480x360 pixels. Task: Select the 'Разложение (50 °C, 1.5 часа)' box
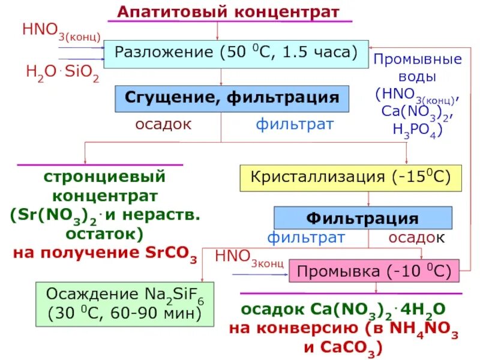[x=236, y=53]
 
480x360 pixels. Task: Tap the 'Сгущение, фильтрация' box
[x=232, y=98]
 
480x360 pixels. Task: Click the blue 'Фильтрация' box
[x=362, y=217]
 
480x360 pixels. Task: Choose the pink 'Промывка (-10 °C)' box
[x=374, y=271]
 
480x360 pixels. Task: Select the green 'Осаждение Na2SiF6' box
[x=125, y=303]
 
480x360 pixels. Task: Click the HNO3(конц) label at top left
[x=61, y=30]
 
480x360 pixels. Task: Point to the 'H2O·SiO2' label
[x=62, y=73]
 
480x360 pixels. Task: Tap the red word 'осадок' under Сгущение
[x=163, y=124]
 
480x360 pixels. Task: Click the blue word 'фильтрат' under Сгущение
[x=294, y=124]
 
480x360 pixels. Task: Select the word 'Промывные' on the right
[x=417, y=59]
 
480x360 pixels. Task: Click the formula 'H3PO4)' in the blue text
[x=417, y=130]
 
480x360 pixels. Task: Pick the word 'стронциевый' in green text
[x=104, y=178]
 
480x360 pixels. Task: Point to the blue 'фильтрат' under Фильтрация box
[x=306, y=237]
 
